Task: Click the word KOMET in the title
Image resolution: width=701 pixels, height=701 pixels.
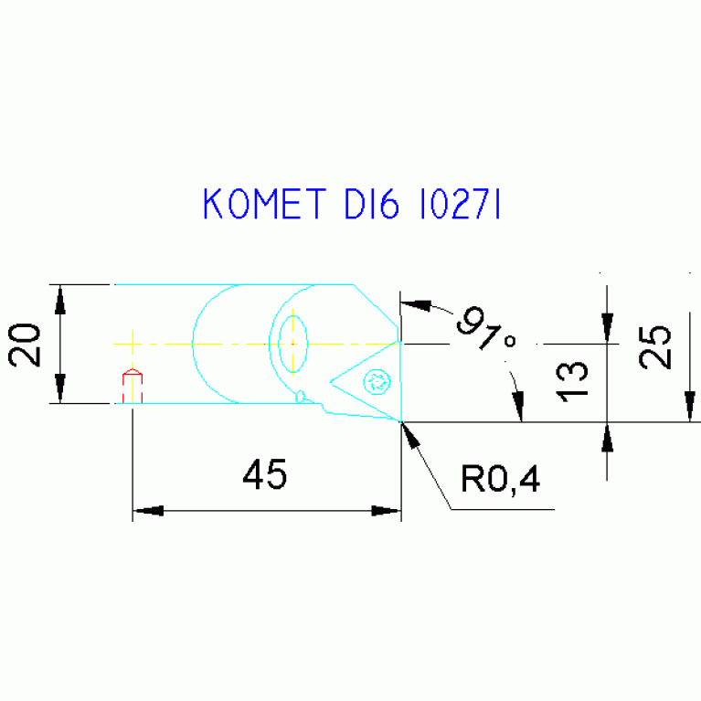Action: tap(262, 205)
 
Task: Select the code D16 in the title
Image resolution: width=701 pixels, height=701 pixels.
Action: tap(371, 205)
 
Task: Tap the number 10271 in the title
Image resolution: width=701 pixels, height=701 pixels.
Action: tap(458, 205)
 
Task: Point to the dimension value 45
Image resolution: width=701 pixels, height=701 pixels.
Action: tap(265, 474)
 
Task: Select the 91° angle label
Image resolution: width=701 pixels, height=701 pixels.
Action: tap(485, 332)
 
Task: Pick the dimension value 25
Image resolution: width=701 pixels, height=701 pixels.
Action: tap(655, 346)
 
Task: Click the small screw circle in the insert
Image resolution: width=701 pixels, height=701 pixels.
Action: tap(377, 380)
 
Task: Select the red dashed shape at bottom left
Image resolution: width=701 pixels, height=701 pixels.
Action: tap(133, 386)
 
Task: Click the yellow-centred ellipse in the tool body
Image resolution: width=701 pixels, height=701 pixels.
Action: tap(292, 344)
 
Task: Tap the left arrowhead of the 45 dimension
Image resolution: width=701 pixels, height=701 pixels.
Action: tap(148, 511)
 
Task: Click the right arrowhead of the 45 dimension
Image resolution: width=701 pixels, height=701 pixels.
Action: tap(387, 511)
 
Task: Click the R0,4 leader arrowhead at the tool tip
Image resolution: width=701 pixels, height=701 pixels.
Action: tap(409, 434)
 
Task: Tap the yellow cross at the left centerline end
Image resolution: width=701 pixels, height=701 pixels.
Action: tap(133, 344)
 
